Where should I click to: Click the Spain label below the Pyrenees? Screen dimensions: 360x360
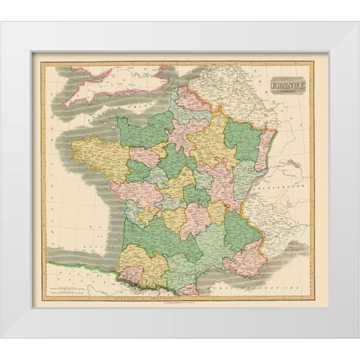click(x=82, y=285)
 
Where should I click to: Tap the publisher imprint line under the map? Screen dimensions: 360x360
click(x=180, y=301)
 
